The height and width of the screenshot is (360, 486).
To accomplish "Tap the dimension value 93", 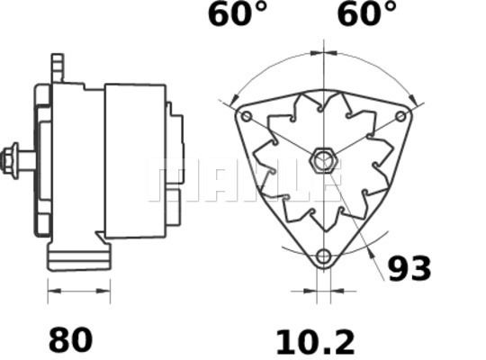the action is point(409,268).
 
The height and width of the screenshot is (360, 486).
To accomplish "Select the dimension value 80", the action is point(71,339).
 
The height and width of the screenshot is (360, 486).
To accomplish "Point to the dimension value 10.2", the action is point(316,342).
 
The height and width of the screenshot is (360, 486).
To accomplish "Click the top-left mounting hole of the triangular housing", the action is point(247,116).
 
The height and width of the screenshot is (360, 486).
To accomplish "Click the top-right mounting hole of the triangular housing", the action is point(400,116).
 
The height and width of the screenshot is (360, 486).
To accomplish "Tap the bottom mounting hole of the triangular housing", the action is point(324,256).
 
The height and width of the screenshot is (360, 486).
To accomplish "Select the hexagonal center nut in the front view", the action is point(324,160).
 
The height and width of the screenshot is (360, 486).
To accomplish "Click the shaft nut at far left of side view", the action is point(10,161).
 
